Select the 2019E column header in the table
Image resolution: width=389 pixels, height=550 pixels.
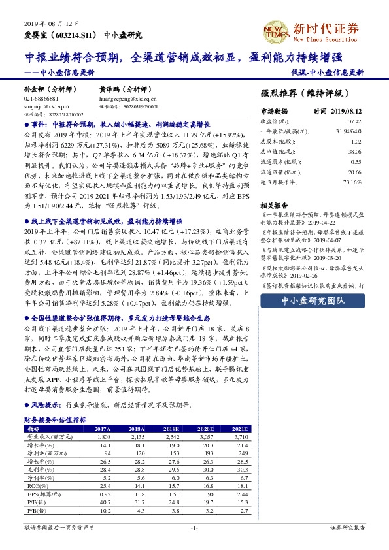172,429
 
